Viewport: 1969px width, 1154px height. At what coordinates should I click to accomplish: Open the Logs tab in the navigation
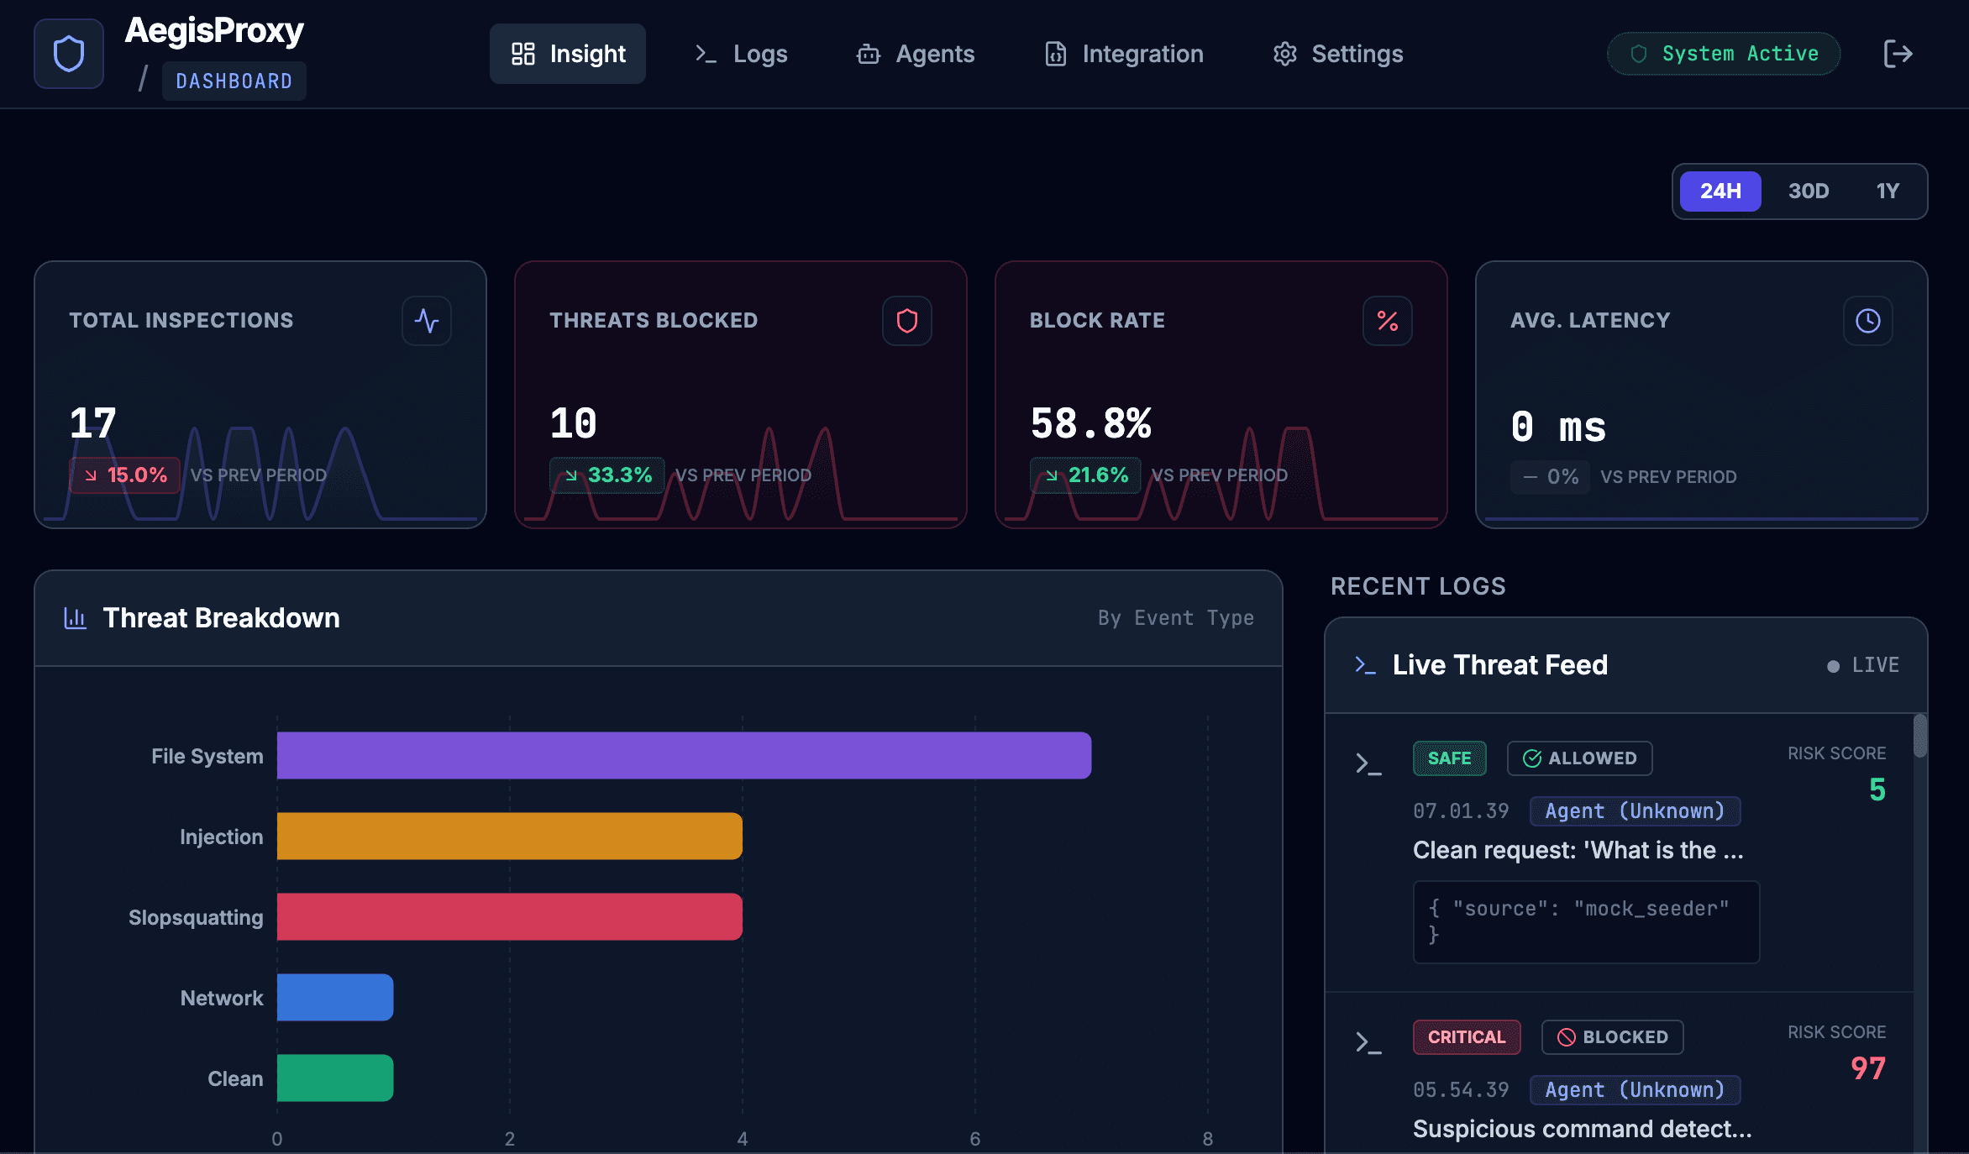point(741,54)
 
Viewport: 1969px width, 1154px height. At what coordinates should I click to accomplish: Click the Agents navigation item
point(916,54)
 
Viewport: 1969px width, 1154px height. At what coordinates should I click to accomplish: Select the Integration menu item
point(1124,54)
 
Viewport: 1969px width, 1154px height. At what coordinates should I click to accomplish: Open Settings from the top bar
point(1338,54)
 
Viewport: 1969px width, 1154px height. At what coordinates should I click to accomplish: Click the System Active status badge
point(1724,54)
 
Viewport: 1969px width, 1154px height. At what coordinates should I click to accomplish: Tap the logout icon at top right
point(1898,54)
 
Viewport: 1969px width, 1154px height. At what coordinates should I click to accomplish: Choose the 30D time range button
point(1808,191)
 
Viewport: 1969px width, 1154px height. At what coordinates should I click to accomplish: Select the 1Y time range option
point(1888,191)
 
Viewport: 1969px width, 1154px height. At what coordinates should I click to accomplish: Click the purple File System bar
point(684,755)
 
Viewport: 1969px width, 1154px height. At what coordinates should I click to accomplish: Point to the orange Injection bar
point(509,836)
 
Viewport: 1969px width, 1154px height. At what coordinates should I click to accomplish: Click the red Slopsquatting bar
point(509,916)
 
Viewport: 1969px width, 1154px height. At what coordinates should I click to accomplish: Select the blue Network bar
point(335,997)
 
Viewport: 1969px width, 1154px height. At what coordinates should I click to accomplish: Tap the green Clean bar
point(335,1078)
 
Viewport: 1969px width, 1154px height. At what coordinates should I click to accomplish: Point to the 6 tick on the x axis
point(974,1139)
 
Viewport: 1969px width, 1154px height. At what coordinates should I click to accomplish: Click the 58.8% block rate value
point(1090,423)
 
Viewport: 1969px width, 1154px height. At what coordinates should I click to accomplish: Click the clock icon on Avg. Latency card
point(1867,321)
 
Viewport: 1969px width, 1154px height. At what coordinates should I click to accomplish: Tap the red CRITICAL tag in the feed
point(1466,1037)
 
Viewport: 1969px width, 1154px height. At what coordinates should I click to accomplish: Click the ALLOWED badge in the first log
point(1579,758)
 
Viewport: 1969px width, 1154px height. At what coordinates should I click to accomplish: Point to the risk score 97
point(1867,1068)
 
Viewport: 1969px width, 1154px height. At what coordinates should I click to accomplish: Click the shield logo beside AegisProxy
point(69,54)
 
